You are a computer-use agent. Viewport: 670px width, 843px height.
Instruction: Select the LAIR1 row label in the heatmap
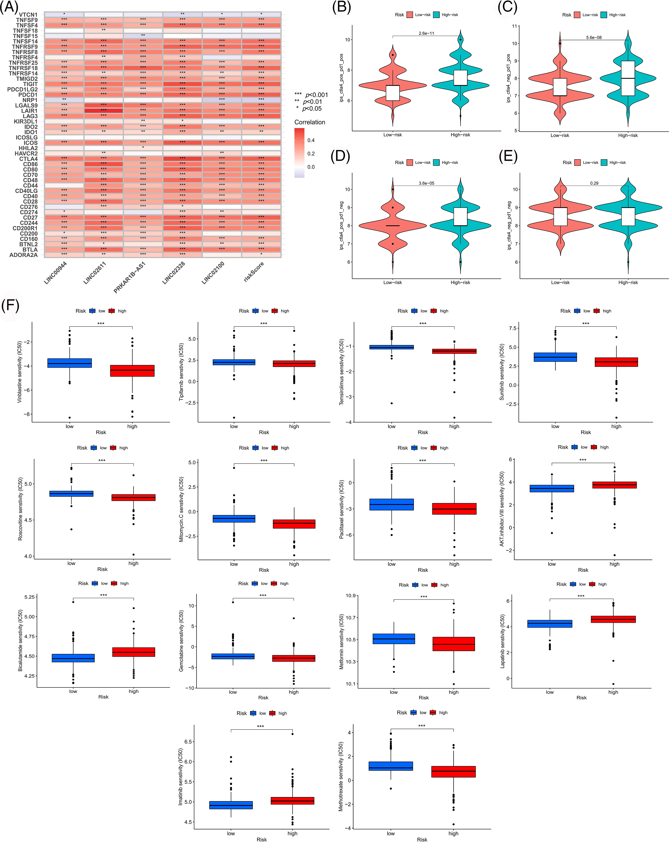click(29, 111)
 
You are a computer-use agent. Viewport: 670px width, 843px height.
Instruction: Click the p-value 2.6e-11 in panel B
click(426, 33)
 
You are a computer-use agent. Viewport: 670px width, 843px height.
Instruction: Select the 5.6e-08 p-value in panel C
click(593, 38)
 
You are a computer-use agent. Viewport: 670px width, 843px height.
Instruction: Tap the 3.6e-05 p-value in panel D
click(426, 183)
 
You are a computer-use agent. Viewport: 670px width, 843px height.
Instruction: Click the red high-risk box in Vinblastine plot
click(132, 371)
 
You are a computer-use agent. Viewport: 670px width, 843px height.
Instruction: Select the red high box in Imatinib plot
click(293, 801)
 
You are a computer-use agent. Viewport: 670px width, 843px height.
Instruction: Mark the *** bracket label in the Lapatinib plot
click(581, 596)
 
